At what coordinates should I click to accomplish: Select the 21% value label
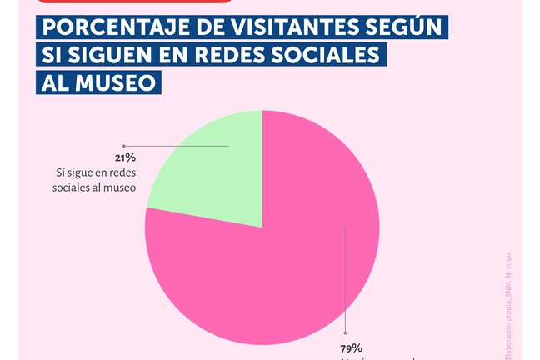point(126,157)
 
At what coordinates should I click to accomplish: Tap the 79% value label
point(351,347)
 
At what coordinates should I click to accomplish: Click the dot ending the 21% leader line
point(123,146)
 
